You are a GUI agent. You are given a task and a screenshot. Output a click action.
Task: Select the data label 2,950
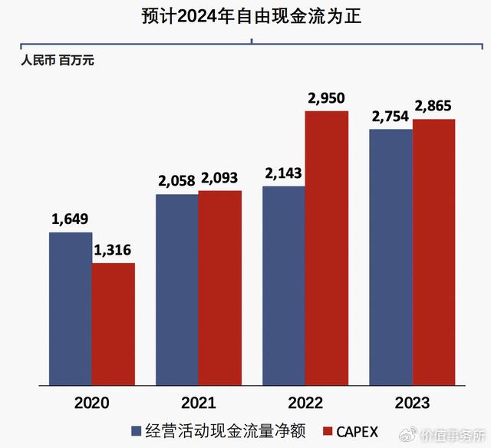tap(327, 98)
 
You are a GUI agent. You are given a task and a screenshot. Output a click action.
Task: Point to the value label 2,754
tap(390, 117)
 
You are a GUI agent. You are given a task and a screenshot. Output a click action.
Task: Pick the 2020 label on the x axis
tap(92, 402)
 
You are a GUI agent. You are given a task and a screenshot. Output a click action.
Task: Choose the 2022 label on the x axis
tap(305, 402)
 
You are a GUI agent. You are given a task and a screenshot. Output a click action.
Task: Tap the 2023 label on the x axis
tap(412, 402)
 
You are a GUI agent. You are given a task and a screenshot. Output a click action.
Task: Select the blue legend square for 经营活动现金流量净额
tap(136, 430)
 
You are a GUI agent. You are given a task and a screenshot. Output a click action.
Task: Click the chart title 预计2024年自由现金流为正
tap(251, 15)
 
